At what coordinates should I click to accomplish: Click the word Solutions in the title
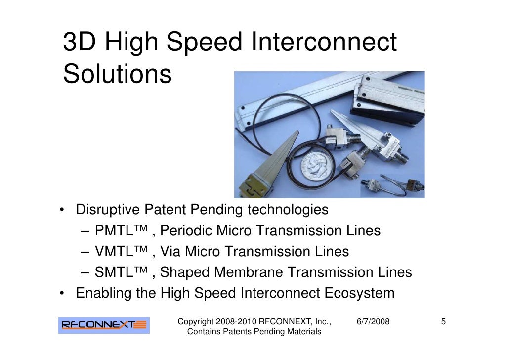117,75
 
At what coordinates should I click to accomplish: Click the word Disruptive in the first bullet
107,210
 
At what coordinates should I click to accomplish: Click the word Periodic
187,231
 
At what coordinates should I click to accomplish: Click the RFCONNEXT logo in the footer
104,325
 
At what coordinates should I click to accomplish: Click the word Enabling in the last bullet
104,293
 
